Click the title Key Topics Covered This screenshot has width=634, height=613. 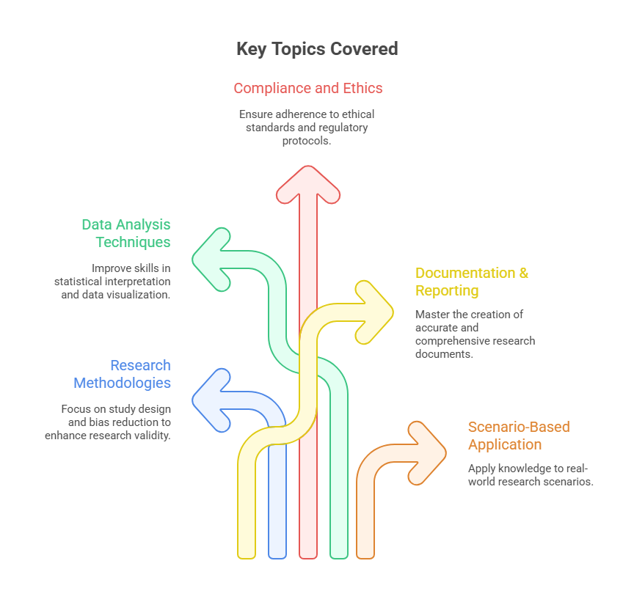click(317, 49)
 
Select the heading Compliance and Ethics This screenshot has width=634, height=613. click(308, 88)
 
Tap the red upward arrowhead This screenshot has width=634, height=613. click(308, 185)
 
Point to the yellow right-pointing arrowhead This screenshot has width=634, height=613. click(374, 311)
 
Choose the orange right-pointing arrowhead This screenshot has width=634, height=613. click(426, 452)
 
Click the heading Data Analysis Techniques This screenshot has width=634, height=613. click(125, 233)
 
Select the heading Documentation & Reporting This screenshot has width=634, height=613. click(471, 282)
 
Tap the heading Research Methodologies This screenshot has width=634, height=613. click(122, 374)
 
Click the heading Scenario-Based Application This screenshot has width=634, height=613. click(519, 436)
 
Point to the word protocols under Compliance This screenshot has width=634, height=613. click(307, 141)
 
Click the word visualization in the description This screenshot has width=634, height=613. click(142, 294)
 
